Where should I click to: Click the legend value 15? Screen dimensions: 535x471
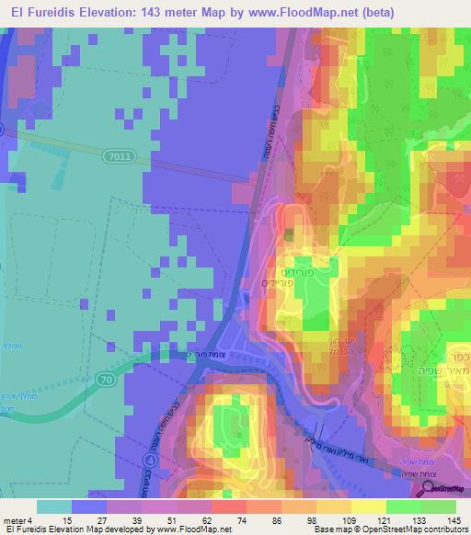click(67, 521)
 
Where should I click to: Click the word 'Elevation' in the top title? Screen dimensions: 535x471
click(98, 12)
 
